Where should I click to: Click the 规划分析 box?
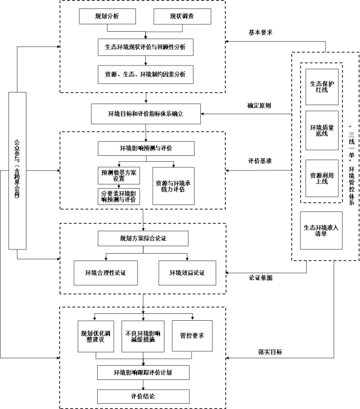coord(107,17)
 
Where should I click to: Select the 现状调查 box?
coord(181,17)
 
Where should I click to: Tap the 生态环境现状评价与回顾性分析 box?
coord(142,47)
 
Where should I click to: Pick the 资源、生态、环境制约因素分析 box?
coord(142,74)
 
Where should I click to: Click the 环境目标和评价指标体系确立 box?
coord(145,114)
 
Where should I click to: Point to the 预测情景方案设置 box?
coord(118,175)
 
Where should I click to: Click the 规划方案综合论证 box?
coord(143,239)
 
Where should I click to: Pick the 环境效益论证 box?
coord(186,273)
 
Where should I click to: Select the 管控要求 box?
coord(192,336)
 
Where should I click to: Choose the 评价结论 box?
coord(143,396)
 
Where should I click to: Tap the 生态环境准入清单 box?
coord(321,231)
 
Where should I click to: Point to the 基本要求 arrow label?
coord(261,32)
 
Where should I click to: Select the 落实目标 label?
coord(269,351)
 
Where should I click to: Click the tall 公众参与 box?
coord(17,170)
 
